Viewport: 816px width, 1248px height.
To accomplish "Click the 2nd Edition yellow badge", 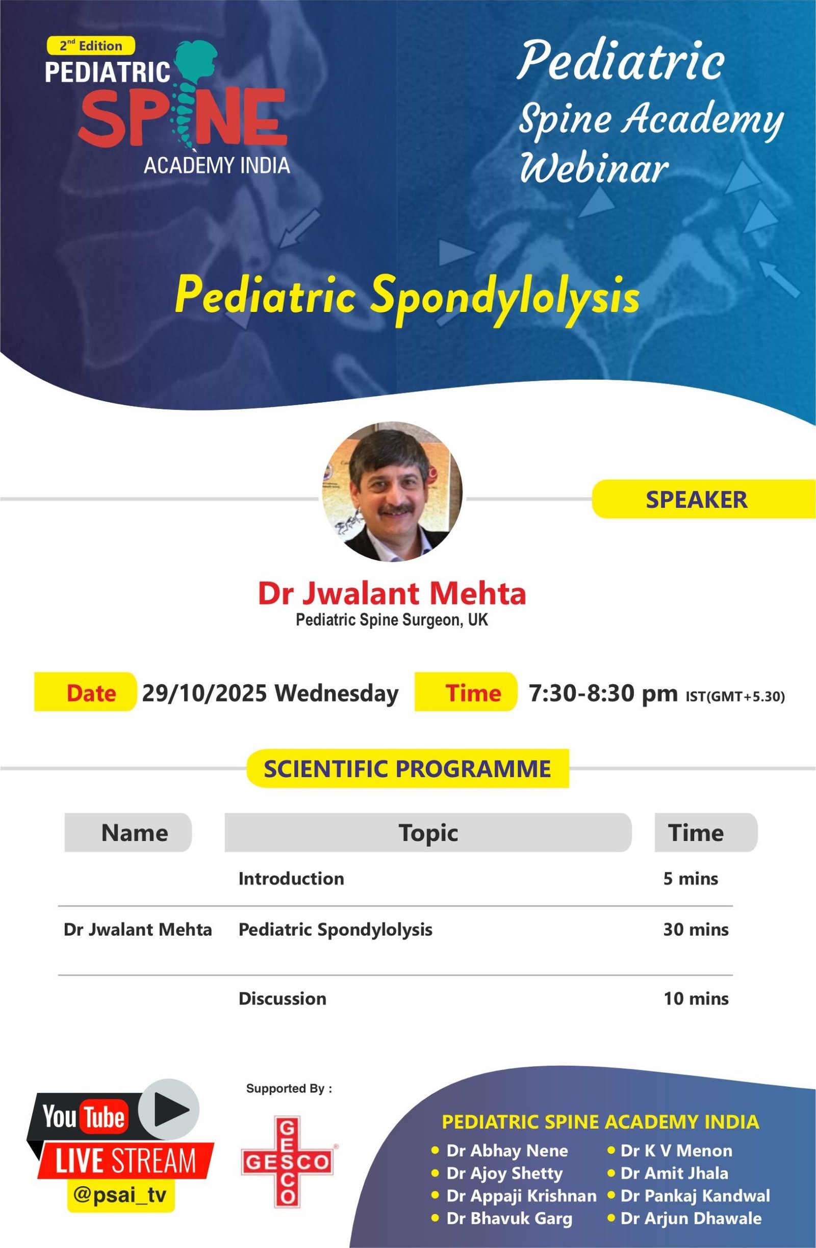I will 91,45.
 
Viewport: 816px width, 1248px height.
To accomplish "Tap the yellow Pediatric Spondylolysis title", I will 406,295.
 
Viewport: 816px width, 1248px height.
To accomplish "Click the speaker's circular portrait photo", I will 392,492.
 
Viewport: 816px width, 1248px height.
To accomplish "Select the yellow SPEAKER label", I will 696,499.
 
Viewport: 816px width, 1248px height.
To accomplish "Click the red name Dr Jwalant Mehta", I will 392,593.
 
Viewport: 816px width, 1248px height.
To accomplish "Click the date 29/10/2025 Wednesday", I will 270,693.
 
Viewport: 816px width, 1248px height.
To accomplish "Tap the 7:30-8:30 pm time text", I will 603,693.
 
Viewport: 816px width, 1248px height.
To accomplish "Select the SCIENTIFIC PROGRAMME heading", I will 407,769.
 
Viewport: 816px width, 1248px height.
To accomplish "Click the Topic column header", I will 428,833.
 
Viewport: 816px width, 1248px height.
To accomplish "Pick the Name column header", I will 134,833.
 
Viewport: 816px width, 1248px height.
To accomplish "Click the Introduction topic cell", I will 291,878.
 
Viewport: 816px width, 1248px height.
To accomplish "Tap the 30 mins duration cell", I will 696,929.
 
